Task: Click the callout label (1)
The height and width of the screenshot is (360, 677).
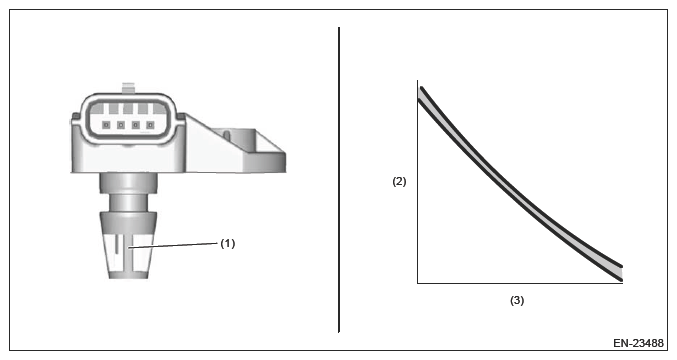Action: tap(228, 243)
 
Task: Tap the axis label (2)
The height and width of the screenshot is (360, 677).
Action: tap(399, 181)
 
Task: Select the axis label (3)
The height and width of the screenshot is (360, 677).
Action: tap(517, 300)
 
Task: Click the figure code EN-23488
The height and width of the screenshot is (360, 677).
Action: tap(638, 343)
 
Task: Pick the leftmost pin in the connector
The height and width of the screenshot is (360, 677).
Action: tap(107, 125)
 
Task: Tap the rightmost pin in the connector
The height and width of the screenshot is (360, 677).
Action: tap(150, 125)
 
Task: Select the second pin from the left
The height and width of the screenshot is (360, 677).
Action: tap(121, 125)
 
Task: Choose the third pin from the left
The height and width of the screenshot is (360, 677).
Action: tap(136, 125)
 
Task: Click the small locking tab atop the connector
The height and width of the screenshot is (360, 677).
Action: tap(129, 87)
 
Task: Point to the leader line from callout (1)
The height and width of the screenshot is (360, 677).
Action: tap(173, 246)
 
